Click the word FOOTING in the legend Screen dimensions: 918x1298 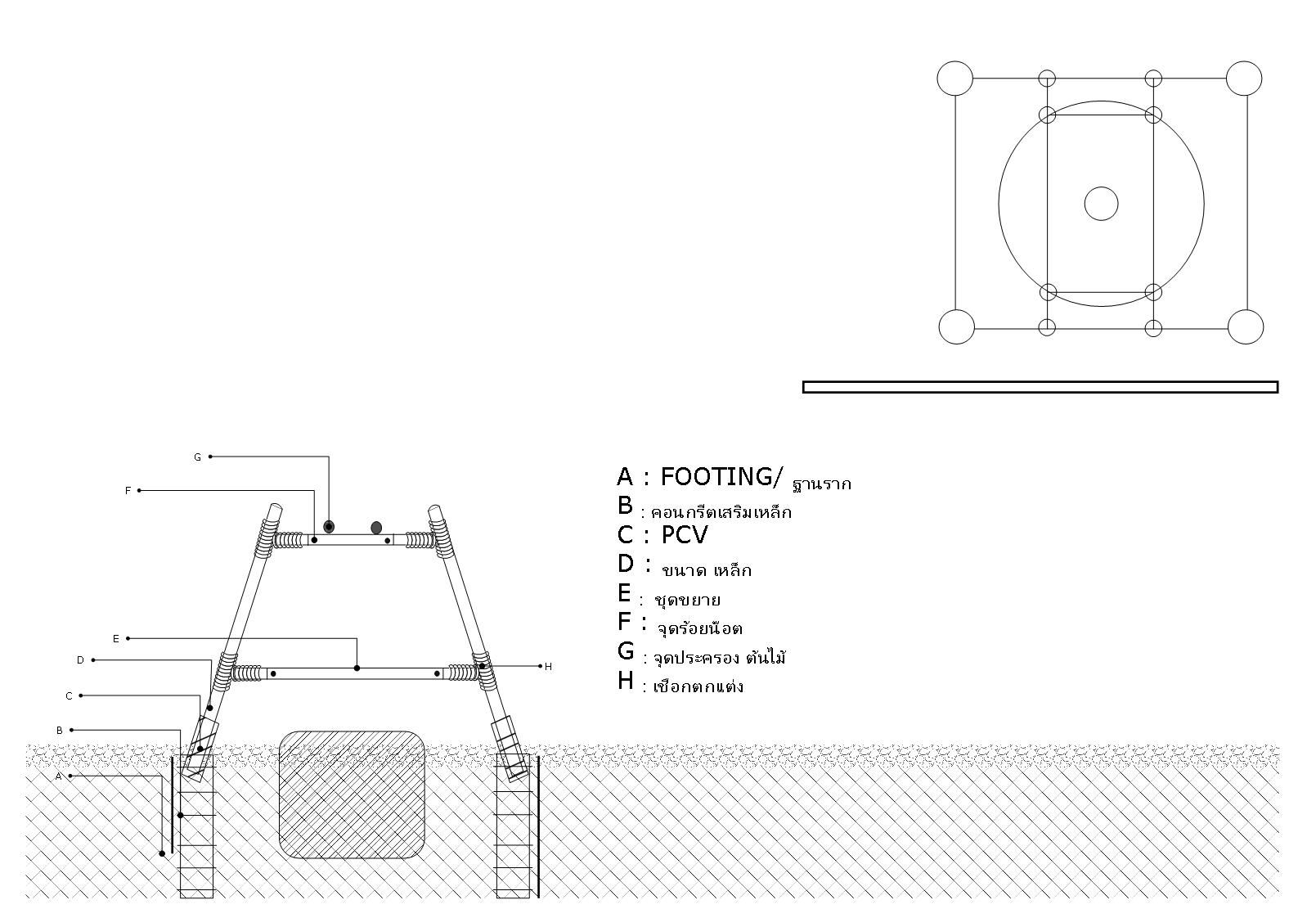tap(716, 476)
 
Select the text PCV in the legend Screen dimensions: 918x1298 tap(684, 535)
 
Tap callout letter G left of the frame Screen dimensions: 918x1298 tap(197, 457)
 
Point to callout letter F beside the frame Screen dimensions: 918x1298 tap(128, 491)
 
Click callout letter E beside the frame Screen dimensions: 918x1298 tap(116, 638)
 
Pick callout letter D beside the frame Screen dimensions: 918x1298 tap(81, 660)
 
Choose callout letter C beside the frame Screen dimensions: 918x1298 tap(70, 696)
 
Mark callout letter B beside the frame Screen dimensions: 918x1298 tap(60, 731)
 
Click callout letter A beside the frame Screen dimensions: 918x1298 tap(59, 776)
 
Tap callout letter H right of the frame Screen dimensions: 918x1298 tap(548, 667)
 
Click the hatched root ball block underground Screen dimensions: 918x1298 tap(352, 794)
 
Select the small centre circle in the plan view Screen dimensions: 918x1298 tap(1101, 204)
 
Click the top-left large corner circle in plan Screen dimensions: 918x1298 tap(954, 79)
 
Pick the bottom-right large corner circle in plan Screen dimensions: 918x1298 tap(1246, 326)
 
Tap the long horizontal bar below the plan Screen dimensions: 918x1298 tap(1040, 387)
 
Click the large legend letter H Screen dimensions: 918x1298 tap(626, 680)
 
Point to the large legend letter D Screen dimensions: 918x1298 tap(626, 563)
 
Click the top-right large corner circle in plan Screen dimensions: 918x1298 tap(1244, 79)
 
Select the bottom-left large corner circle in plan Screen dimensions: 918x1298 tap(956, 326)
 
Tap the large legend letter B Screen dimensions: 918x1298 tap(626, 506)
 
